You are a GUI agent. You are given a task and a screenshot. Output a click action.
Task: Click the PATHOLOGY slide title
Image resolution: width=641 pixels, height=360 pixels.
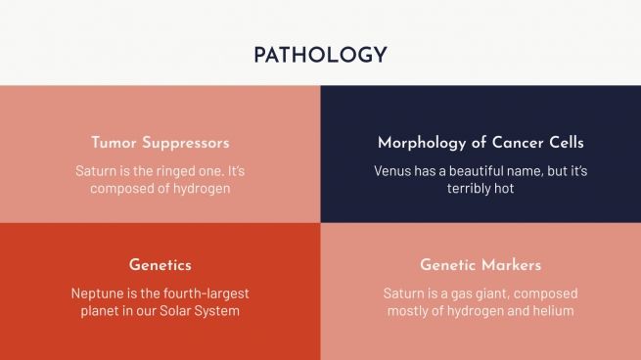320,55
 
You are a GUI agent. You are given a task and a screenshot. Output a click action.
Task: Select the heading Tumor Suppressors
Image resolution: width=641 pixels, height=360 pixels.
160,143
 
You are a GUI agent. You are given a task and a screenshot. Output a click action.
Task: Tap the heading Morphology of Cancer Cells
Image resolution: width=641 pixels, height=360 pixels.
481,143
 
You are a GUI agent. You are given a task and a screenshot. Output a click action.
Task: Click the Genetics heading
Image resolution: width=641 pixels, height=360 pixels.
160,265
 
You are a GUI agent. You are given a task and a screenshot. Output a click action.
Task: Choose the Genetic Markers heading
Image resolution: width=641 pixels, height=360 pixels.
481,265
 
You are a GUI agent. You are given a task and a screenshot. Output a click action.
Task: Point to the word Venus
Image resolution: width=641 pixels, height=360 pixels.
392,170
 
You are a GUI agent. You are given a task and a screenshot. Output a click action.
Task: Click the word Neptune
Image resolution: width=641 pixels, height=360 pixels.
97,292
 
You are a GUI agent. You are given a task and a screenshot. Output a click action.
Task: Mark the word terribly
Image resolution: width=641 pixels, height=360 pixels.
471,188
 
